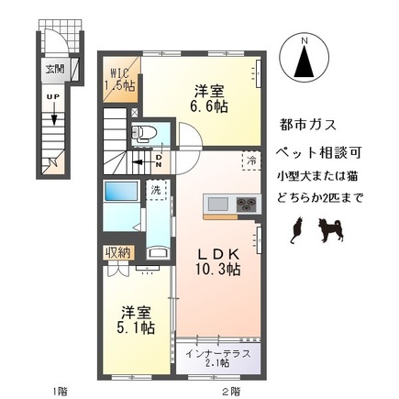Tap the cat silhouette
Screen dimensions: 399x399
click(295, 232)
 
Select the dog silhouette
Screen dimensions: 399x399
click(327, 230)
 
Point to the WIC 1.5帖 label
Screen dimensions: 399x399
click(122, 78)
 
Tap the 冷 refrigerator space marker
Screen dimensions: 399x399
click(251, 161)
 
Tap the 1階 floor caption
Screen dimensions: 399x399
click(58, 390)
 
